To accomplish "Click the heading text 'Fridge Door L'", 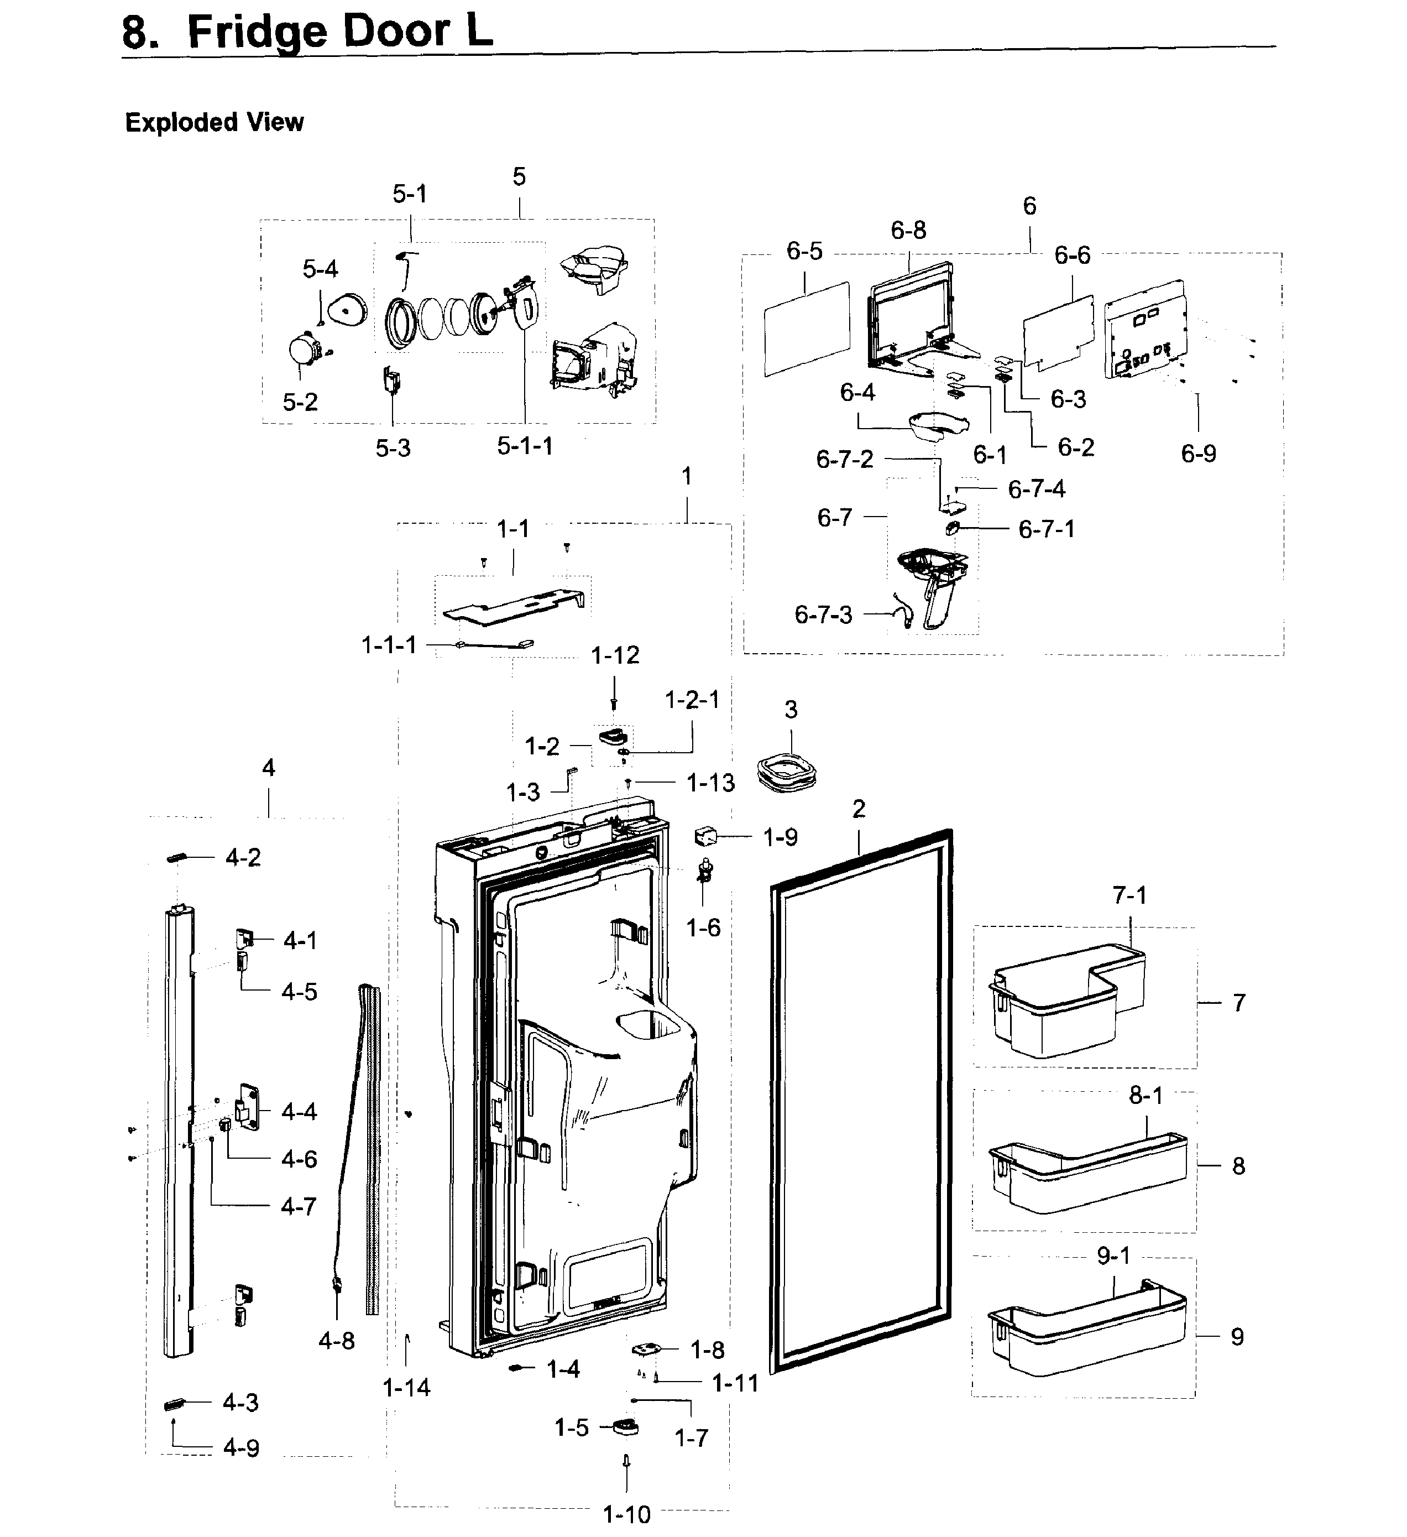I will point(340,32).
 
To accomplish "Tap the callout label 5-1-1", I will point(525,446).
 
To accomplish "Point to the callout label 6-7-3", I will point(823,614).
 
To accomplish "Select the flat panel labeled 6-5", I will point(807,329).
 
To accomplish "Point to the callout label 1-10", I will point(626,1513).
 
